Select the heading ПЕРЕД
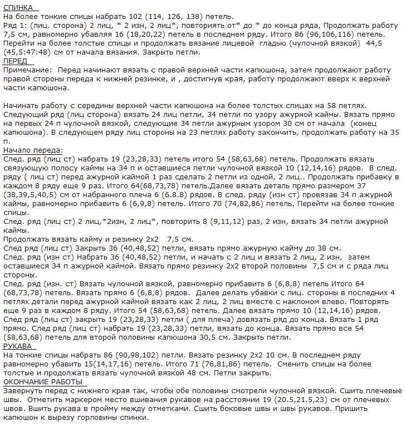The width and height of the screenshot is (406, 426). click(x=16, y=61)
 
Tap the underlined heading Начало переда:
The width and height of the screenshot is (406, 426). click(x=33, y=150)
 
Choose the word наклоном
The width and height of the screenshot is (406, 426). click(x=305, y=301)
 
